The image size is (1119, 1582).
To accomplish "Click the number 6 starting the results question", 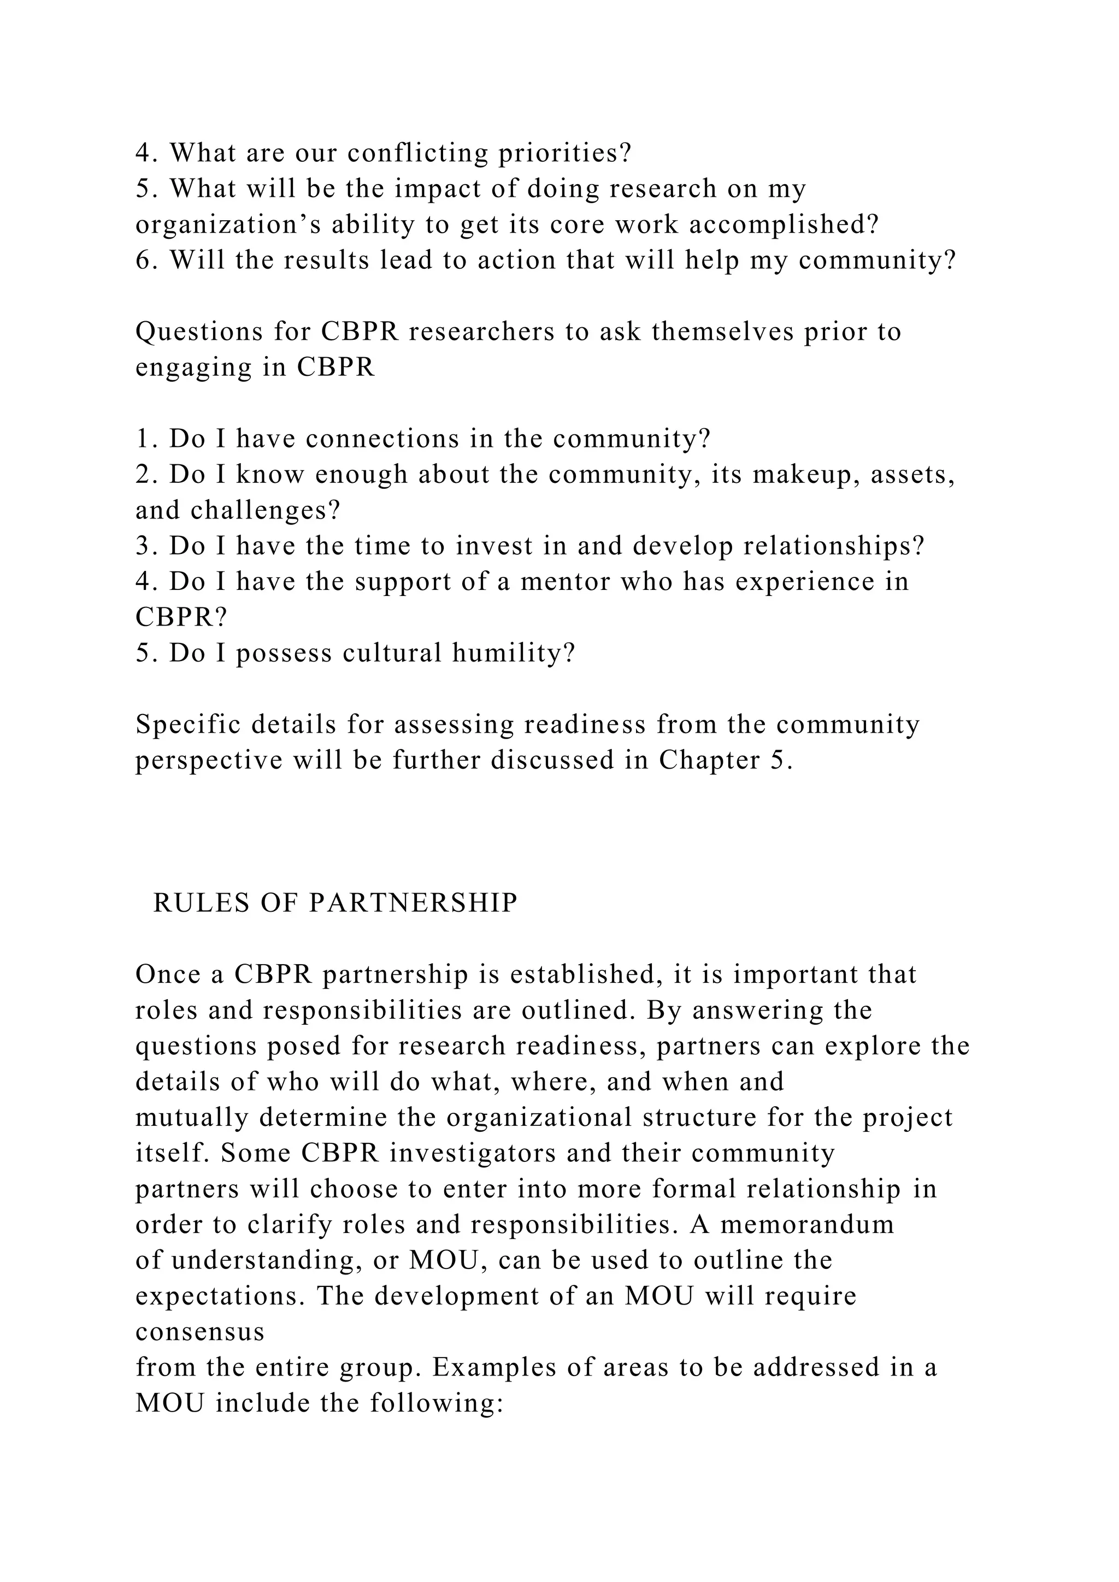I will point(143,261).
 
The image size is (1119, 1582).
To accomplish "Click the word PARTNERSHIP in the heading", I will point(413,904).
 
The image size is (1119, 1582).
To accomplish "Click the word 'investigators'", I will point(473,1153).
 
